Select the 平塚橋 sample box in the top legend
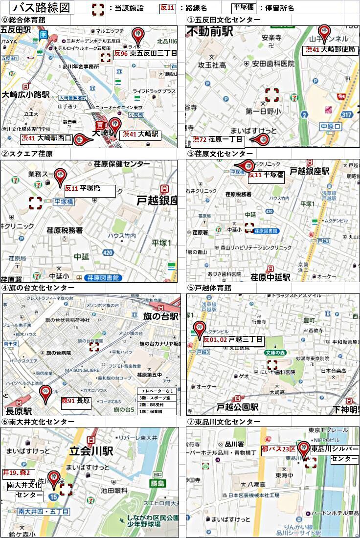[244, 8]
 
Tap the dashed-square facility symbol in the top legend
[98, 8]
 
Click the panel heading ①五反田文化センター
[224, 20]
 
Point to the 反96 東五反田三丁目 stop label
[145, 54]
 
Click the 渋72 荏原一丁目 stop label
[218, 140]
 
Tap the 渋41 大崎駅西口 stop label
[46, 138]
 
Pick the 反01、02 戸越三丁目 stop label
[233, 340]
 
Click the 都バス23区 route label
[279, 449]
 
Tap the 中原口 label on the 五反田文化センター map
[330, 126]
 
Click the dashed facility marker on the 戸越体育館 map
[272, 365]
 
